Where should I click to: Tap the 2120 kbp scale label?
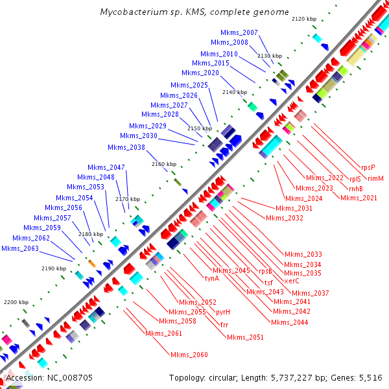tap(303, 19)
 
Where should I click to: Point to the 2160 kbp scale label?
tap(163, 165)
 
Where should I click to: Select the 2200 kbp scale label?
tap(16, 302)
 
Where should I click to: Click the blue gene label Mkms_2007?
tap(239, 32)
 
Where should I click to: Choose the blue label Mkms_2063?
tap(19, 248)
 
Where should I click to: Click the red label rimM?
tap(375, 178)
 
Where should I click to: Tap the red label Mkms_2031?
tap(294, 208)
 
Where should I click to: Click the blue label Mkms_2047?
tap(108, 167)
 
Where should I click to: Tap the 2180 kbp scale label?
tap(90, 234)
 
